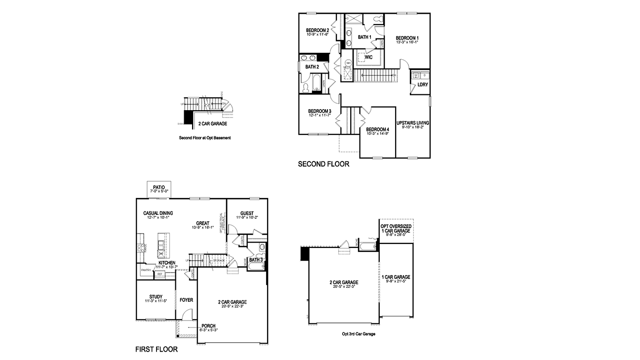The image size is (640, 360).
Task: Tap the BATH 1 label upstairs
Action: [364, 37]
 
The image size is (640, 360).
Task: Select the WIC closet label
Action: [368, 57]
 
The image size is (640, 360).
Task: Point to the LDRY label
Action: [422, 84]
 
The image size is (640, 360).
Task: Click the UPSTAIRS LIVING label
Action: [412, 122]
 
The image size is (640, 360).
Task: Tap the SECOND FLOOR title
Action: [323, 164]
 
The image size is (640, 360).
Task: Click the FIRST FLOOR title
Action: [157, 350]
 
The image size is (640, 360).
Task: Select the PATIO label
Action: [159, 187]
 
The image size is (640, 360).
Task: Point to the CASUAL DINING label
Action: [158, 213]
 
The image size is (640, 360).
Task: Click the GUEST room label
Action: [247, 213]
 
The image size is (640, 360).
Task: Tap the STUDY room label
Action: [156, 297]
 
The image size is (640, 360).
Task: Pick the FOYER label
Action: [186, 300]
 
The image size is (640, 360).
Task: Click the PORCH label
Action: [208, 325]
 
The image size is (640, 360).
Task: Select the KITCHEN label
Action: [166, 263]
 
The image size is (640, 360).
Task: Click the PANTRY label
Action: [146, 270]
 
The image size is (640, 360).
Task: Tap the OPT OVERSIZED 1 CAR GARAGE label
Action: [396, 228]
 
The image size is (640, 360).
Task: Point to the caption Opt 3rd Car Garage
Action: [359, 333]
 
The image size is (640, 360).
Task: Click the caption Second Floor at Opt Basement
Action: [204, 138]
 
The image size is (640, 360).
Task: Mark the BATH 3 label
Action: [256, 260]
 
